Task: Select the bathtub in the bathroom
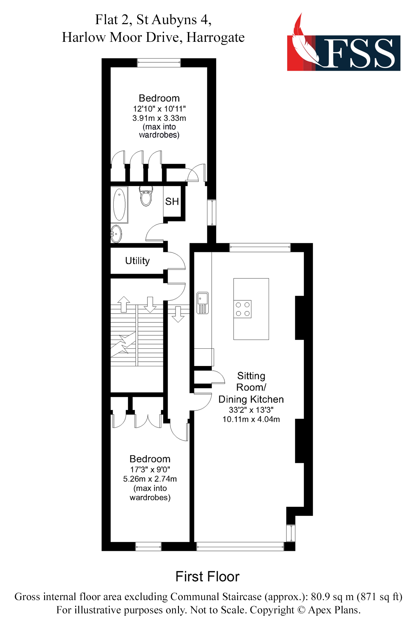(x=119, y=205)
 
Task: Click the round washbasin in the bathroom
(x=116, y=234)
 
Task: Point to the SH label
(x=172, y=202)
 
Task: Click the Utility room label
(x=137, y=261)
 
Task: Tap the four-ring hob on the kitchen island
(x=243, y=309)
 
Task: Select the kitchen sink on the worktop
(x=203, y=303)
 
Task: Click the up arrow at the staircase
(x=124, y=304)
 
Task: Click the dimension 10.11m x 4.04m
(x=251, y=419)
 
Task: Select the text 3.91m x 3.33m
(x=159, y=118)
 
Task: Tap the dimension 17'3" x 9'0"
(x=150, y=469)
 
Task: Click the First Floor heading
(x=207, y=577)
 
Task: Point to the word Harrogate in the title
(x=215, y=37)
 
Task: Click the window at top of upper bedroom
(x=159, y=63)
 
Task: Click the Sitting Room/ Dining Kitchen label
(x=251, y=387)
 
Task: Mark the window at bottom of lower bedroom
(x=148, y=546)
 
